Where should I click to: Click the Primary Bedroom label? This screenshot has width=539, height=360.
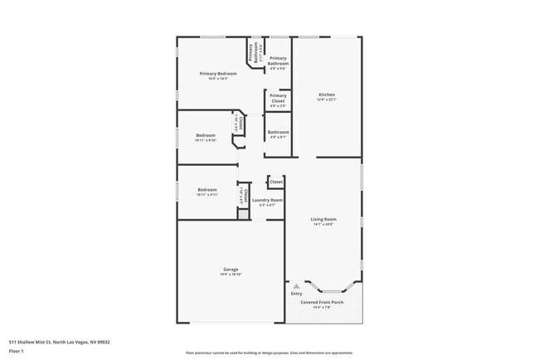[x=218, y=73]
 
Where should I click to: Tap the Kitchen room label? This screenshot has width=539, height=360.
[x=327, y=95]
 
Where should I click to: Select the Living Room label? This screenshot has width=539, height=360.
[x=323, y=219]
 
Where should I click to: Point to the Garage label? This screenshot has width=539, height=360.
[x=231, y=269]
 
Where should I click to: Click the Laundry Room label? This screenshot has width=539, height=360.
[x=266, y=200]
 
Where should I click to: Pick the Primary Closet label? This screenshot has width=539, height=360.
[x=278, y=98]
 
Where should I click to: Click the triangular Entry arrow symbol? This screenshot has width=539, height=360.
[x=296, y=285]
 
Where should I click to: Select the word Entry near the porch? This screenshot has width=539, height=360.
[x=296, y=293]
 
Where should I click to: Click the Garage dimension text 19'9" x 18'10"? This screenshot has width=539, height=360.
[x=231, y=275]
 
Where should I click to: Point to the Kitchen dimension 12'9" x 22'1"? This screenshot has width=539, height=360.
[x=327, y=100]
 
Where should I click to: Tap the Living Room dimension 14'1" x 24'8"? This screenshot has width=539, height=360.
[x=323, y=225]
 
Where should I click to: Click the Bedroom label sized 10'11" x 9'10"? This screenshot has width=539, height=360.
[x=206, y=135]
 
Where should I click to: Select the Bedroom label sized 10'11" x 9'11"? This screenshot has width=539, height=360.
[x=207, y=190]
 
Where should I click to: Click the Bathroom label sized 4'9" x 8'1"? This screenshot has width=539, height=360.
[x=278, y=132]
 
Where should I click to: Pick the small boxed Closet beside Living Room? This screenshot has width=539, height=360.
[x=275, y=181]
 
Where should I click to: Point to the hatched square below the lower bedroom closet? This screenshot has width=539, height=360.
[x=243, y=214]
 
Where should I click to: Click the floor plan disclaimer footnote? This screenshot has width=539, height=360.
[x=269, y=353]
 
